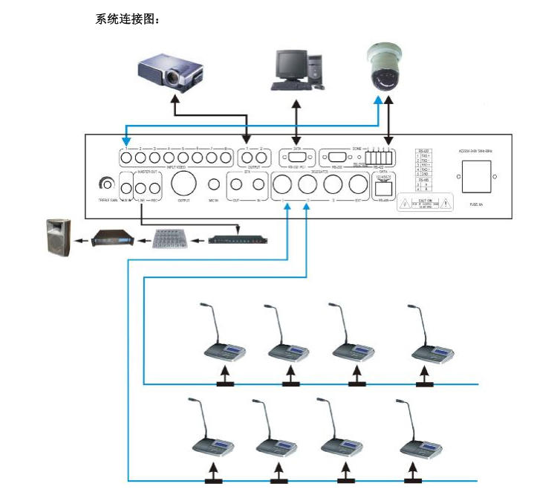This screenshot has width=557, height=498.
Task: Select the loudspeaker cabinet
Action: pos(59,237)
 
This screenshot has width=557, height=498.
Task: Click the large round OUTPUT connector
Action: pos(184,183)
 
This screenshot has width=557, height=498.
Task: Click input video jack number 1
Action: pos(127,158)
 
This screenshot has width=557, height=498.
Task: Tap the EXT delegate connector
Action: pos(358,185)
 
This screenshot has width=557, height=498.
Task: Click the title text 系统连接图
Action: pos(128,19)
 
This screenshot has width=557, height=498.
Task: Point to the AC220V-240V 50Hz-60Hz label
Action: pos(475,151)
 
